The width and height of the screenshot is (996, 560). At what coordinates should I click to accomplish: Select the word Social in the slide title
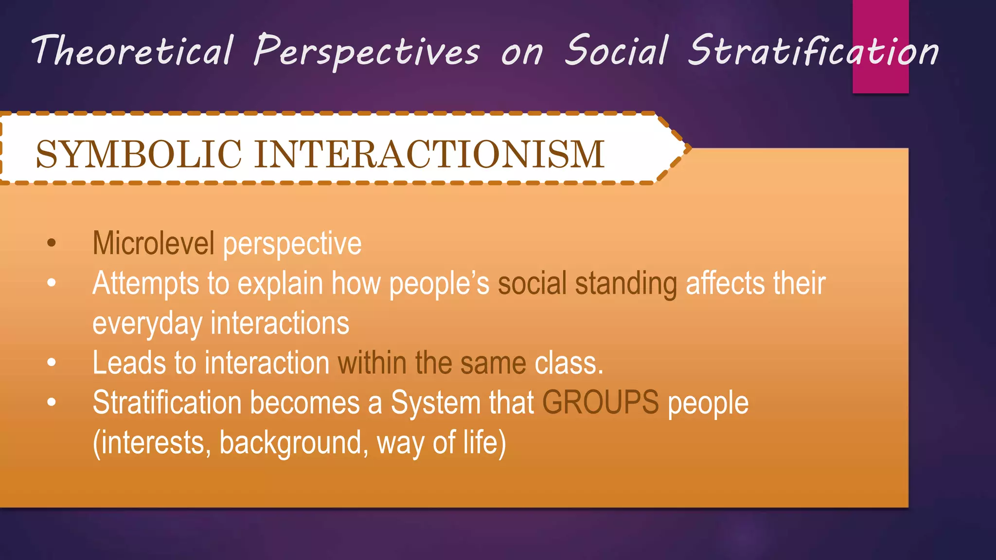(x=617, y=51)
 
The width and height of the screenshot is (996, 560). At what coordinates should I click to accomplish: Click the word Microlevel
(x=153, y=243)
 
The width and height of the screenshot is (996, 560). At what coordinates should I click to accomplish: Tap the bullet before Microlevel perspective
(x=52, y=243)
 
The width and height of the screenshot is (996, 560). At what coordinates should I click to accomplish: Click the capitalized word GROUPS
(x=601, y=403)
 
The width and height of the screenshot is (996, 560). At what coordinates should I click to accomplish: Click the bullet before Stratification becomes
(x=52, y=402)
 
